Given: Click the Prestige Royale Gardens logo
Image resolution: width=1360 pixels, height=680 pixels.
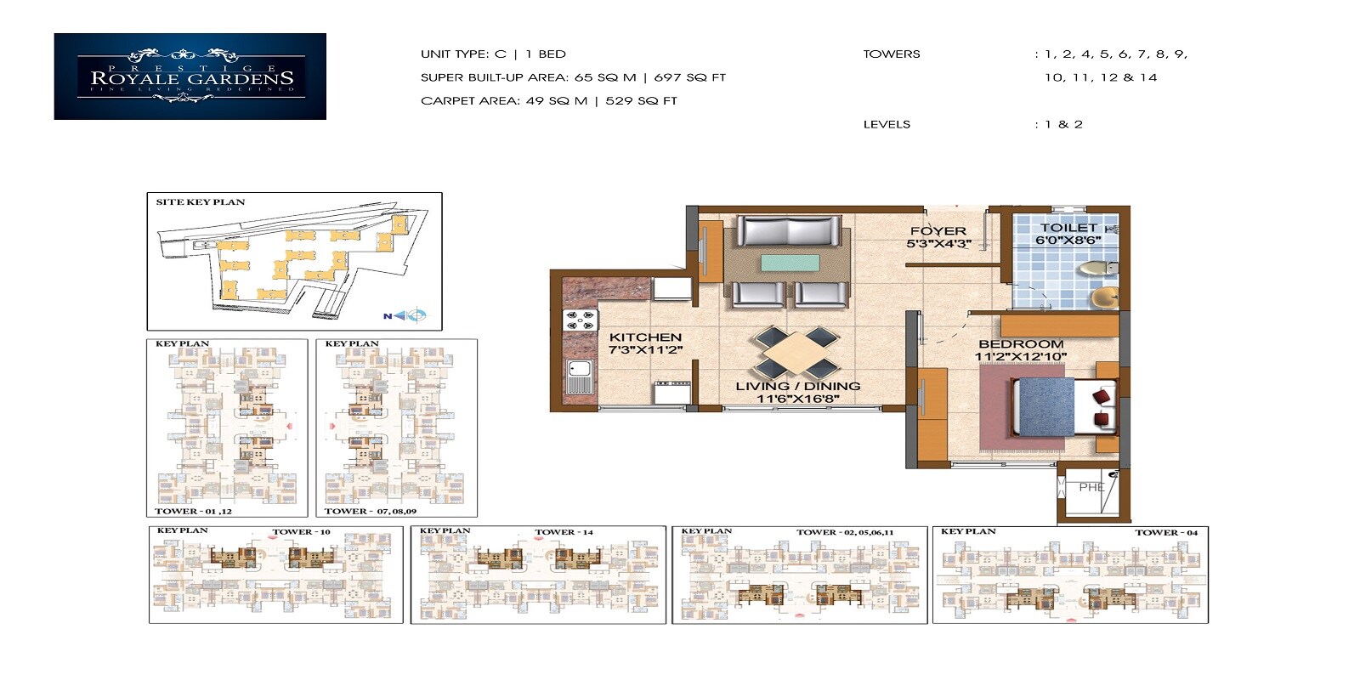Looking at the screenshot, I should coord(190,76).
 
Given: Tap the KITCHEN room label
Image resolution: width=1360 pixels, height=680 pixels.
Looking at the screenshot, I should coord(645,337).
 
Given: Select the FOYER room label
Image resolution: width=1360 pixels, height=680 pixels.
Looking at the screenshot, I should coord(938,231).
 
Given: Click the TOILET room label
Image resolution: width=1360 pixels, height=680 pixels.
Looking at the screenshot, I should coord(1068,228).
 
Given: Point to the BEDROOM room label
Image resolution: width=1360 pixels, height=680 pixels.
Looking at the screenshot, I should coord(1021,344).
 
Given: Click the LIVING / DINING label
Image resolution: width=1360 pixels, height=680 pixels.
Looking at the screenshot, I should coord(797,386).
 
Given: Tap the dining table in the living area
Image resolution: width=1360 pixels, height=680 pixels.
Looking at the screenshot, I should coord(796,352).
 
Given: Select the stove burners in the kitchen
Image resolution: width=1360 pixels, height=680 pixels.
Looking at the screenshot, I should coord(581,320).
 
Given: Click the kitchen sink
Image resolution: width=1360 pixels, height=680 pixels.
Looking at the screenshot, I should coord(579,376).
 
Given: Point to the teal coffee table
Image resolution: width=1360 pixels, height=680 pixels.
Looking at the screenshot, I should coord(790,262).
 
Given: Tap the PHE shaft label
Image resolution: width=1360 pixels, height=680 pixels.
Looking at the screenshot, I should coord(1091,488).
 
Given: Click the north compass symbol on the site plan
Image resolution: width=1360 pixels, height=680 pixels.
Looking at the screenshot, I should coord(414,316).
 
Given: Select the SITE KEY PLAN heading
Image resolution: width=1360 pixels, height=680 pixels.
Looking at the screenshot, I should coord(200,202).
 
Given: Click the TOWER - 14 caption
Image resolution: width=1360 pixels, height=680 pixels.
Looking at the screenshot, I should coord(564,532).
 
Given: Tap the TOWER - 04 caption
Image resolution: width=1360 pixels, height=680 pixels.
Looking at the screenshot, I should coord(1165,533).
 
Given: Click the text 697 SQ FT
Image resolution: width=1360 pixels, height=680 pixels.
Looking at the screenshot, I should coord(689,77).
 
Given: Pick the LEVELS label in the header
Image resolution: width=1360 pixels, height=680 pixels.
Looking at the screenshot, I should coord(887,124).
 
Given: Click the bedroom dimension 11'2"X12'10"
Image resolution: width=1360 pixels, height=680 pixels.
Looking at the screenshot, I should coord(1020,356).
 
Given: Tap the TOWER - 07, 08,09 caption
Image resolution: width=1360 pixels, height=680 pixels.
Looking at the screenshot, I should coord(370,512).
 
